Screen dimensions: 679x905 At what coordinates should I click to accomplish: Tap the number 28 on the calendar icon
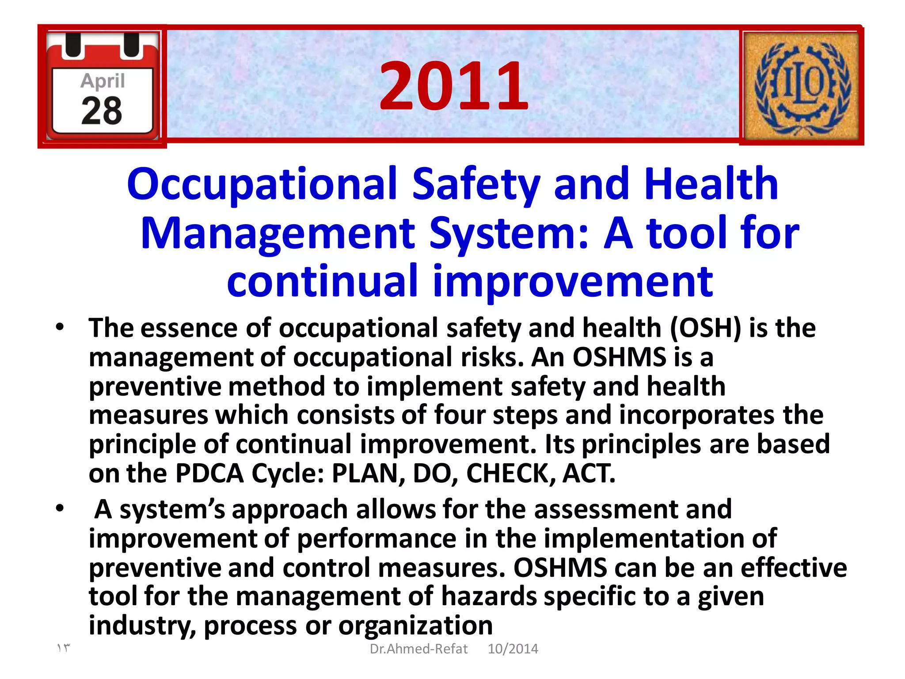[102, 111]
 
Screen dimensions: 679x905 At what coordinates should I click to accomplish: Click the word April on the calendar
[103, 81]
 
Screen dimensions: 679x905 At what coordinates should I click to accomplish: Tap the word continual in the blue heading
[322, 281]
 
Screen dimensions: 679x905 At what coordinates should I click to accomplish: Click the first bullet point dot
[60, 328]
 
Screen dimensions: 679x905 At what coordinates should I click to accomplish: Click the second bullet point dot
[60, 508]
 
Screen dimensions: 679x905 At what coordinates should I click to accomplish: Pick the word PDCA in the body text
[209, 473]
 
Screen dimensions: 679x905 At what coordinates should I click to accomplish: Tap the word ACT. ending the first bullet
[589, 473]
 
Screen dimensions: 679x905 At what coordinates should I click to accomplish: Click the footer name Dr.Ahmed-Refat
[418, 648]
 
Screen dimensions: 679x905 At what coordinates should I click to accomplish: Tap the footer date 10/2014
[513, 648]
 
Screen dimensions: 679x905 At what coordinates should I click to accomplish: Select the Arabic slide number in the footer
[63, 648]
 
